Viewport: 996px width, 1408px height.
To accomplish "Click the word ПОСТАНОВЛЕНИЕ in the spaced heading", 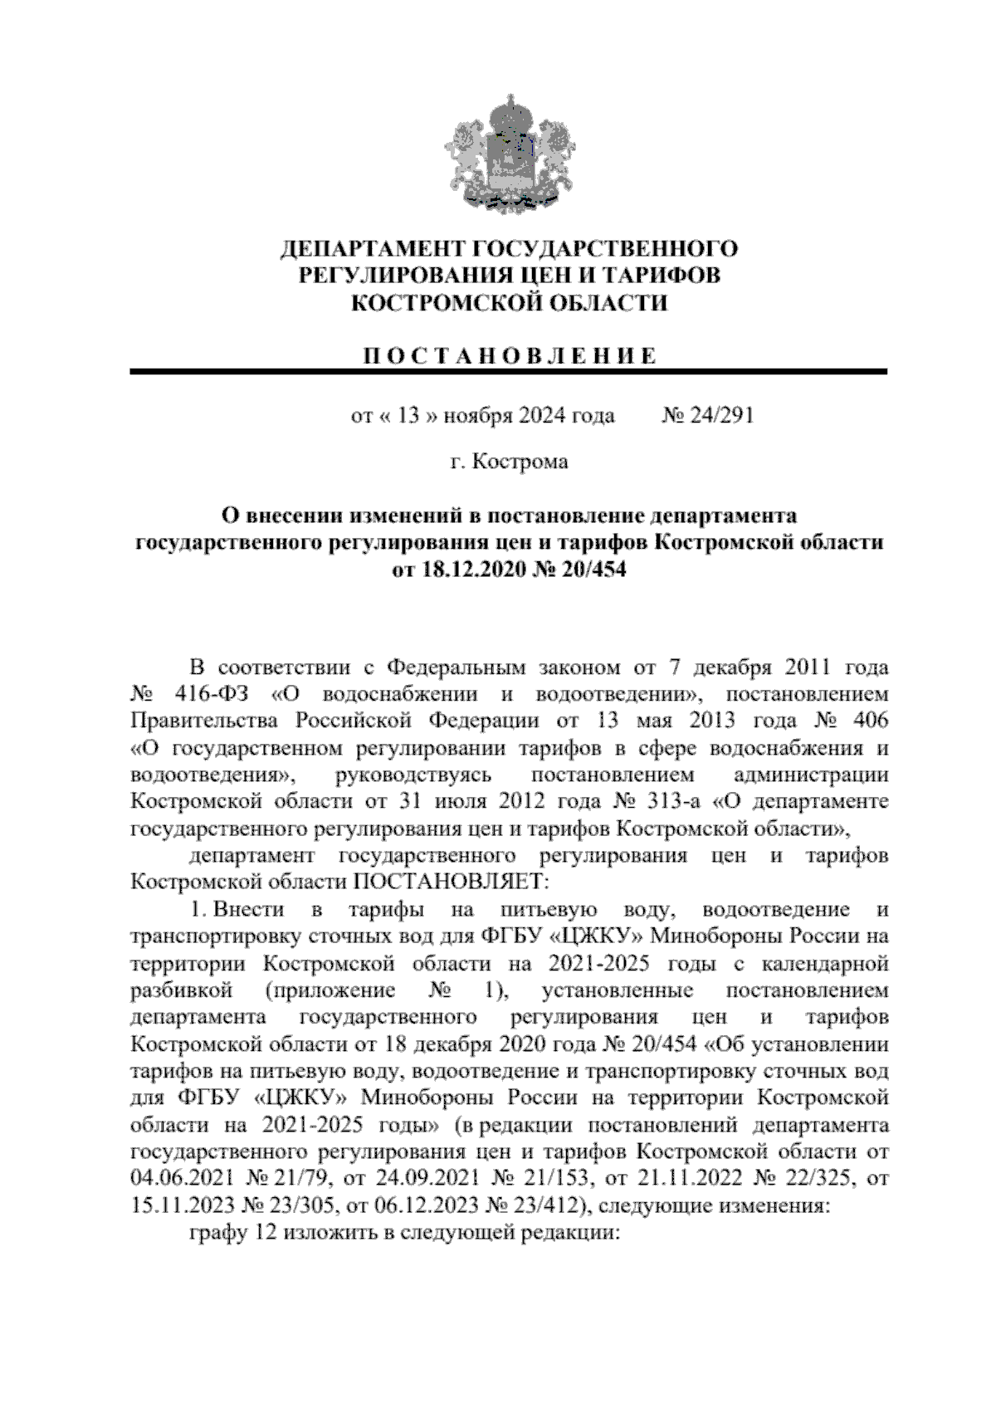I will click(510, 357).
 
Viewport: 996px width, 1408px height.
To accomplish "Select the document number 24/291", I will click(720, 415).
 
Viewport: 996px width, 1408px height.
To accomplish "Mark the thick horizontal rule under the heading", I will click(508, 373).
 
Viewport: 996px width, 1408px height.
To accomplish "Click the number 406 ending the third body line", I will click(868, 719).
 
